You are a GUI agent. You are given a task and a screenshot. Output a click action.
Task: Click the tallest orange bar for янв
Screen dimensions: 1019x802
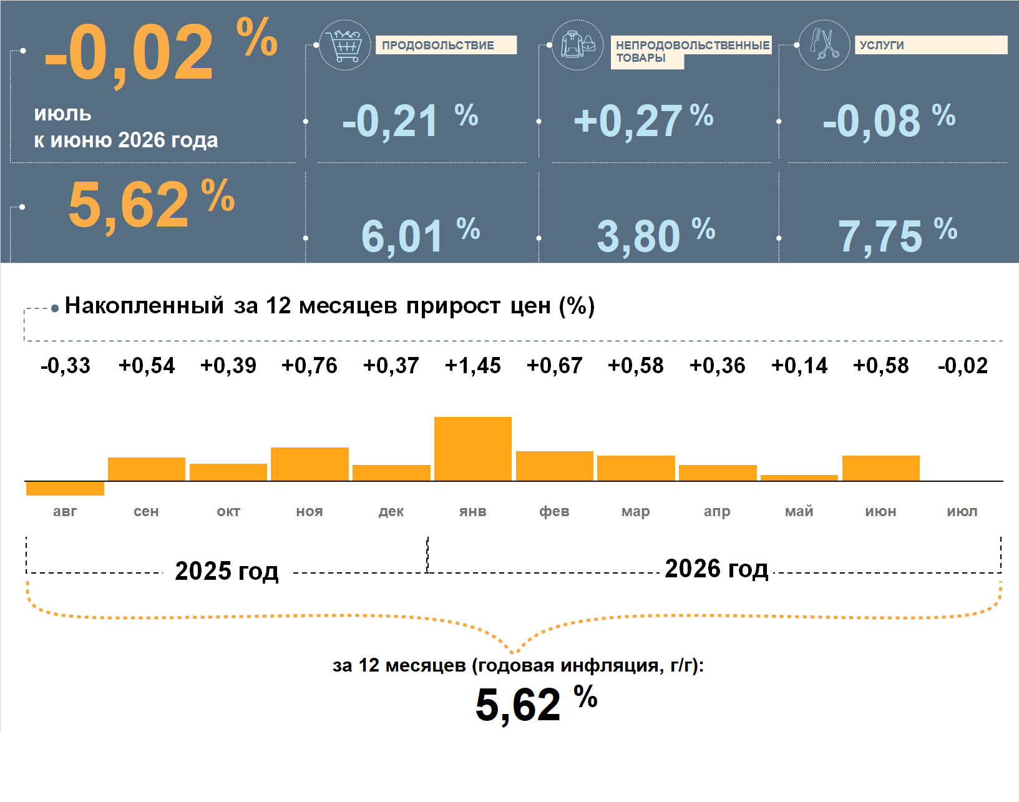(x=472, y=449)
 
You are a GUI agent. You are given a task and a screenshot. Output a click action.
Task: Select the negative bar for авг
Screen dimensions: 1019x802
(x=65, y=489)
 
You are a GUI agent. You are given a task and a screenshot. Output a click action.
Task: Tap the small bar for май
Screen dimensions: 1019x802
(x=799, y=478)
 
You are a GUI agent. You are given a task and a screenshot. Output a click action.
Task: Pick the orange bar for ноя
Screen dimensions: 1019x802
(x=310, y=464)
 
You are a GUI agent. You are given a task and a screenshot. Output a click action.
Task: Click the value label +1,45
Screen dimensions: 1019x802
(x=472, y=366)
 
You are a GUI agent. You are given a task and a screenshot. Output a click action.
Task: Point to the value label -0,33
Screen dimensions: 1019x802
(x=66, y=366)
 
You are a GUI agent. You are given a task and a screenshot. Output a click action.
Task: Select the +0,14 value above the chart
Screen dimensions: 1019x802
(x=799, y=366)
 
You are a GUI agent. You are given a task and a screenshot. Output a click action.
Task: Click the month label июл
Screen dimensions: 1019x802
(x=962, y=511)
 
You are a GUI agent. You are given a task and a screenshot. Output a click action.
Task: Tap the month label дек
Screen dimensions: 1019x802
(x=391, y=511)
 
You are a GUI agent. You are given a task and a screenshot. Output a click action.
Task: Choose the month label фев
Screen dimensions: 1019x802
(x=554, y=511)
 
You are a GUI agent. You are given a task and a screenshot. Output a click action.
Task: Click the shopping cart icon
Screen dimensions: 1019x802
(x=344, y=45)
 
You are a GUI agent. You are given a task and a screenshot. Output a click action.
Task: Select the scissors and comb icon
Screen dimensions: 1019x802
(x=824, y=45)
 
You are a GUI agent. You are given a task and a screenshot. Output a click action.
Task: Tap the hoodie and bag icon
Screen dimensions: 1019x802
(x=578, y=45)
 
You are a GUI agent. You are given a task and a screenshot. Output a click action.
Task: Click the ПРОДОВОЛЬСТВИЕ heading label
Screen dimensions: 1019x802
(x=438, y=46)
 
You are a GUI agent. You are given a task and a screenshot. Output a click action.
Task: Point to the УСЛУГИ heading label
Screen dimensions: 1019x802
(x=882, y=46)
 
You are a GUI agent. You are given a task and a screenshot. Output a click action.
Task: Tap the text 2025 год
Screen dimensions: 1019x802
(x=227, y=571)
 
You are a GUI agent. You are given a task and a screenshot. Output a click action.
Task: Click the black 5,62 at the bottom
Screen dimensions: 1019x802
(x=518, y=705)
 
